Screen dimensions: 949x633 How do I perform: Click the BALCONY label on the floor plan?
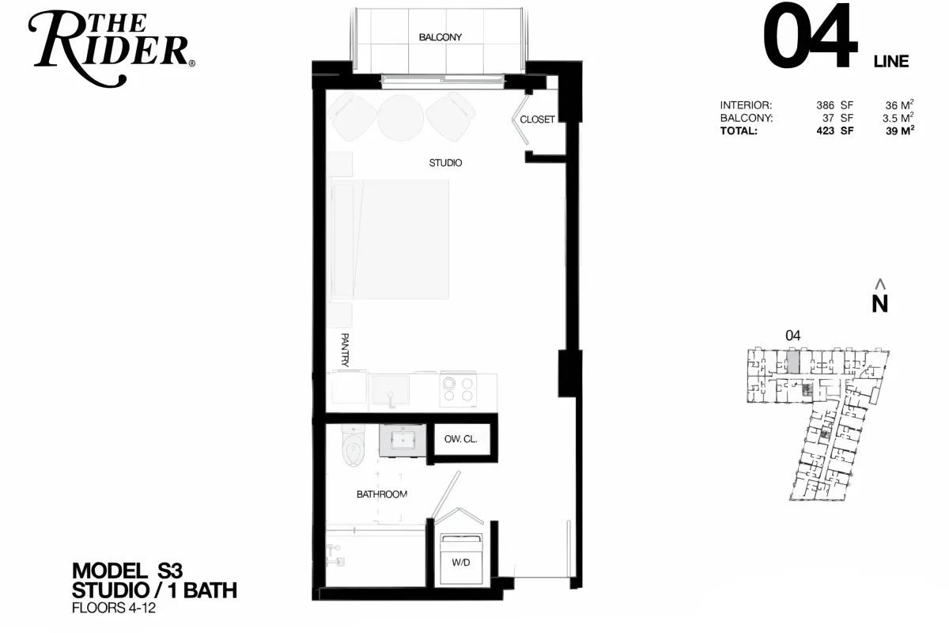point(440,37)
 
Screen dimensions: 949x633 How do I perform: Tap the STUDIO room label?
point(445,163)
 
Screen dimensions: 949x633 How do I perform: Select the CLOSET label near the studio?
point(537,119)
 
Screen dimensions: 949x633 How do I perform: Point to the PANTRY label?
point(345,350)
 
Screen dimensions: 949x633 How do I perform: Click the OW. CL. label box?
point(461,439)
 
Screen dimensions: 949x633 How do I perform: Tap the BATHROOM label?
point(382,495)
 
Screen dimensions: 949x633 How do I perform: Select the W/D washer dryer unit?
point(461,559)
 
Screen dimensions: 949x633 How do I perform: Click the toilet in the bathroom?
point(354,445)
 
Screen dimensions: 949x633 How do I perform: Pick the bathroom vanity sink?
point(403,440)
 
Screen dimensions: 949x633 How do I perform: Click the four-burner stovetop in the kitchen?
point(458,389)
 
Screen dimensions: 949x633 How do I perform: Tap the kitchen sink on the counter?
point(390,390)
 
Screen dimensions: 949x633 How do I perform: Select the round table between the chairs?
point(400,117)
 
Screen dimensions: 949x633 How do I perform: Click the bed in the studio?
point(390,240)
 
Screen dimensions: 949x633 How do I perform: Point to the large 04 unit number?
point(810,36)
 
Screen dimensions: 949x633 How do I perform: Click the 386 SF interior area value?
point(834,105)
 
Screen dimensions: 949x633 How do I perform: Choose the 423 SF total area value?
point(834,131)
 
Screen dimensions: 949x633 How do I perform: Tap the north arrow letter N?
point(880,304)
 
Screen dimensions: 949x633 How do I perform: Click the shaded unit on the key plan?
point(792,362)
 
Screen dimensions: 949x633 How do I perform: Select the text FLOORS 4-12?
point(114,608)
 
